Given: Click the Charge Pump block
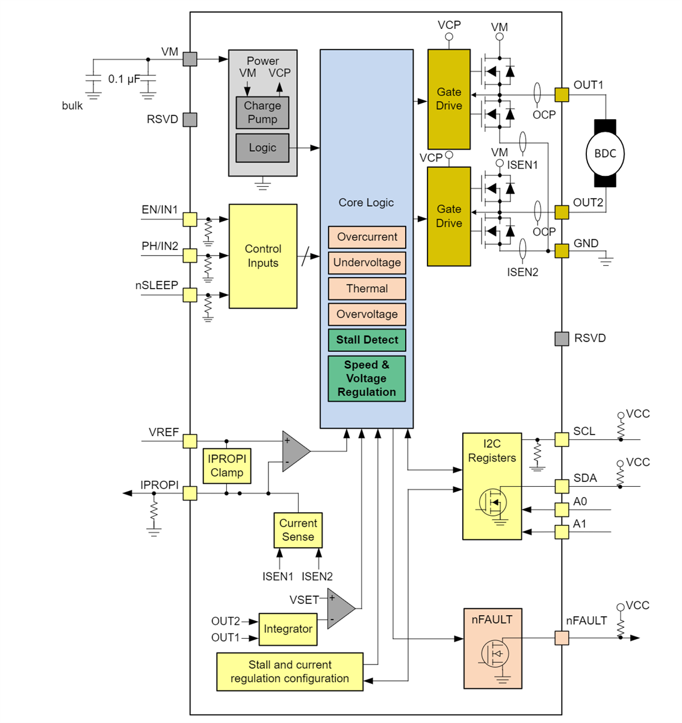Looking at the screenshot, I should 262,113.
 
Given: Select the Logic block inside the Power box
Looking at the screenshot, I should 262,148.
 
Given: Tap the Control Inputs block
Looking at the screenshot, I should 263,256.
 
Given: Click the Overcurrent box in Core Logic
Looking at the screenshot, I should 367,237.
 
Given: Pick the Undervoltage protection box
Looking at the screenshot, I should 367,263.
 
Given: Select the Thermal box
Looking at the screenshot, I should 367,289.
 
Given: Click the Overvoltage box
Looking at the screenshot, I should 367,314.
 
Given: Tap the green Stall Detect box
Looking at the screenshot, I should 367,340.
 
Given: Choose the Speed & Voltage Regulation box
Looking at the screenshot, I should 367,378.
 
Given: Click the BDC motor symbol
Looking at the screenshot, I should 605,154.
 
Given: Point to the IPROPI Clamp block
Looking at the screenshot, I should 227,466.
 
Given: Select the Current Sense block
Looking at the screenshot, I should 298,530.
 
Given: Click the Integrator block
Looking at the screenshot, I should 288,629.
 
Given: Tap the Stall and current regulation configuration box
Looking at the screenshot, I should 290,672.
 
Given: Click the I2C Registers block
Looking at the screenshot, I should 492,486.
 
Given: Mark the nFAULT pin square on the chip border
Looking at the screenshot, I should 562,638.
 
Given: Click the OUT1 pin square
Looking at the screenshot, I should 562,95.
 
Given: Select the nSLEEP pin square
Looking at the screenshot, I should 190,295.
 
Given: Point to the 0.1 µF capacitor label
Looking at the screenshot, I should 124,79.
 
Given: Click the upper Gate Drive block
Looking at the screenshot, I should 449,99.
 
